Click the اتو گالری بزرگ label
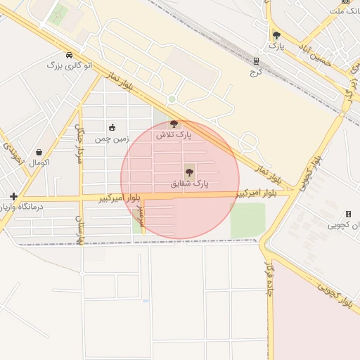coord(68,65)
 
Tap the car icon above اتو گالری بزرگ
coord(69,55)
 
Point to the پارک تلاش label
coord(174,134)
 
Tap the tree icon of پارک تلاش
coord(174,124)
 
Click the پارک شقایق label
coord(190,184)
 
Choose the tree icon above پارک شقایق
coord(189,172)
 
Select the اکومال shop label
coord(39,162)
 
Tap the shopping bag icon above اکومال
coord(39,152)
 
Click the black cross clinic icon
coord(13,195)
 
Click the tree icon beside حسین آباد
coord(276,35)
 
